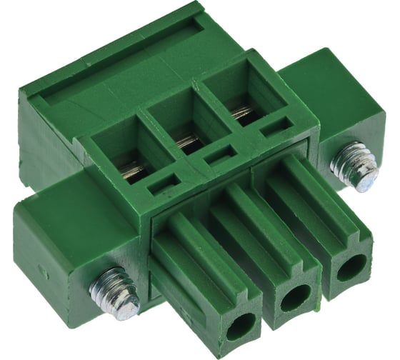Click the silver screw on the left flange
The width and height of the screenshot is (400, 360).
click(x=114, y=293)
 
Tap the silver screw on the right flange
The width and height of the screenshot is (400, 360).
click(x=354, y=166)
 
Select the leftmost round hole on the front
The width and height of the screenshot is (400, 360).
click(x=241, y=326)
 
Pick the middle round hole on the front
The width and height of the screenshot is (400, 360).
click(x=295, y=298)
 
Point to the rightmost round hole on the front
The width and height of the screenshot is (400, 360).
click(x=351, y=269)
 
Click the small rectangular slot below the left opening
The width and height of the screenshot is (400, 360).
click(x=164, y=186)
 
